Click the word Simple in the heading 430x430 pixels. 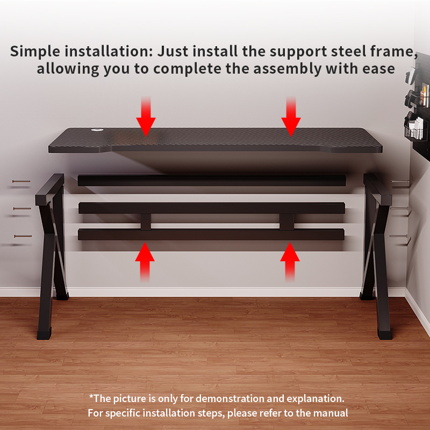pyautogui.click(x=35, y=52)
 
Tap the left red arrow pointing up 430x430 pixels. pyautogui.click(x=145, y=262)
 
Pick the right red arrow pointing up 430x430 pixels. pyautogui.click(x=290, y=262)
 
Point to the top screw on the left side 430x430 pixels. pyautogui.click(x=21, y=181)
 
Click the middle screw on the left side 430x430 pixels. pyautogui.click(x=22, y=209)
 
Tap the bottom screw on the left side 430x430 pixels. pyautogui.click(x=23, y=236)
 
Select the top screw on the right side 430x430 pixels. pyautogui.click(x=400, y=181)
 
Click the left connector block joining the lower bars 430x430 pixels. pyautogui.click(x=146, y=221)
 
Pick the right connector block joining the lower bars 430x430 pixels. pyautogui.click(x=287, y=221)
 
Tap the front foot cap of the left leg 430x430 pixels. pyautogui.click(x=44, y=333)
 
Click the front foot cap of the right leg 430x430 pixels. pyautogui.click(x=384, y=333)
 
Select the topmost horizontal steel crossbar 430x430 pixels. pyautogui.click(x=212, y=180)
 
